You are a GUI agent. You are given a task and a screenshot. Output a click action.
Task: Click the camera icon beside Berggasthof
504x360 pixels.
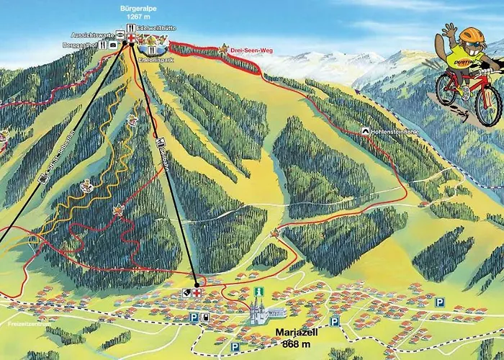click(x=113, y=45)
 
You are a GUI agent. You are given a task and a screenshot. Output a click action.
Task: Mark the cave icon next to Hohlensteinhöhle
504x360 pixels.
click(x=366, y=132)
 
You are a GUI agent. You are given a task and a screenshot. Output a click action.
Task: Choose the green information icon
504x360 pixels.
click(x=258, y=292)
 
